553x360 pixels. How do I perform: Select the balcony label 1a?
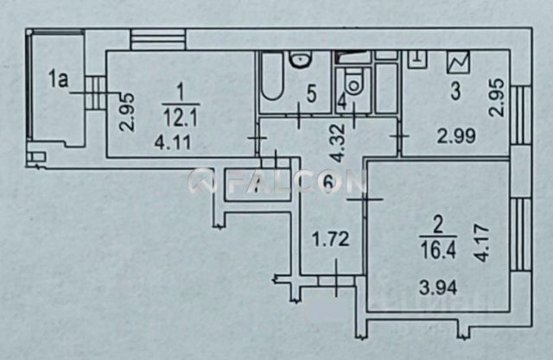58,81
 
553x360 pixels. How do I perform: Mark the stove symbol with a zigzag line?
456,63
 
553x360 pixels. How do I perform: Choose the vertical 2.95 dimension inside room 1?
125,113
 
